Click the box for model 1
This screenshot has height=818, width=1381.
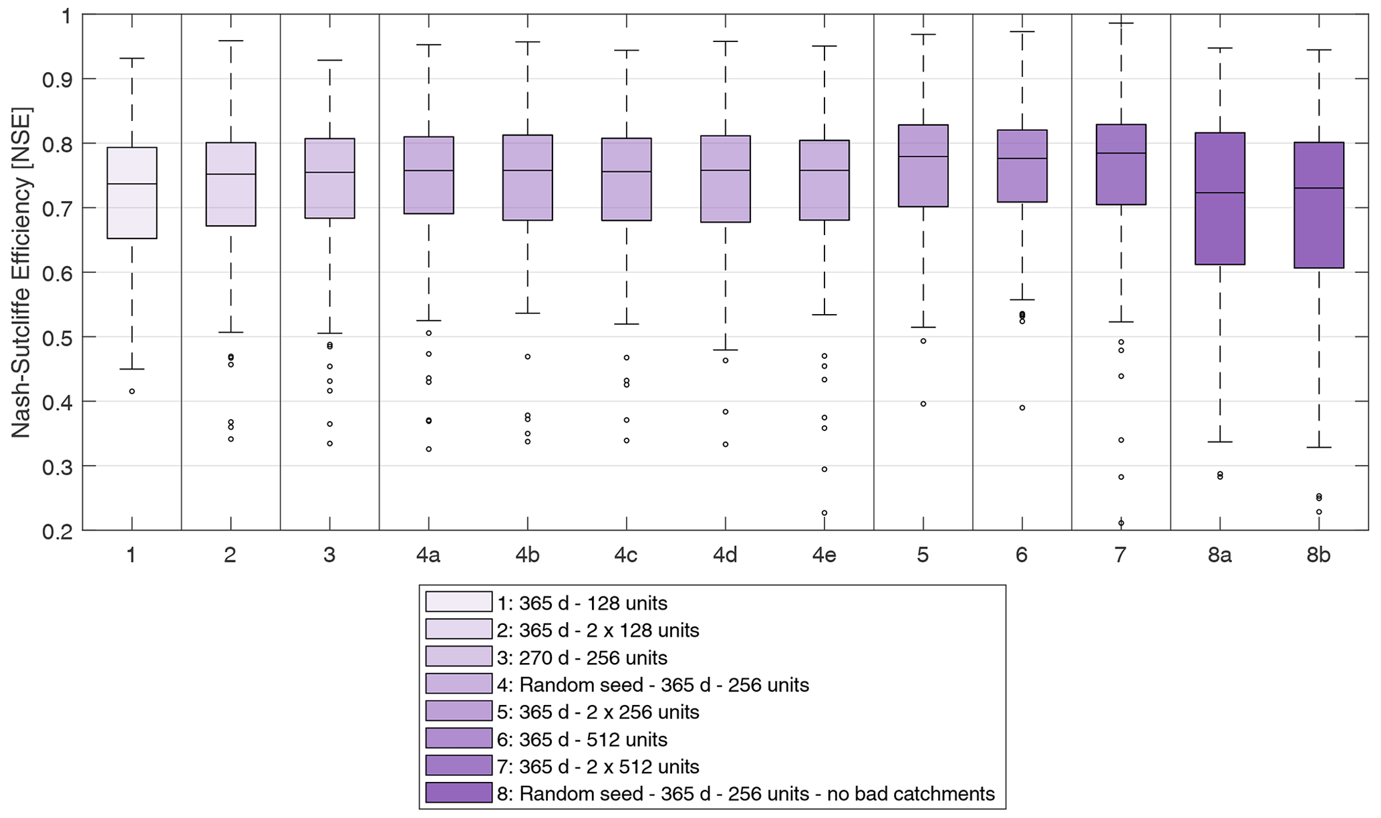click(x=132, y=192)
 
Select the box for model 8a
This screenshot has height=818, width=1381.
click(x=1219, y=198)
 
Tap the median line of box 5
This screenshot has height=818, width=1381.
click(x=923, y=156)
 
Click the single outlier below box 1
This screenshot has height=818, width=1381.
click(x=132, y=391)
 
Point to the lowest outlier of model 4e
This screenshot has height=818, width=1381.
click(x=824, y=513)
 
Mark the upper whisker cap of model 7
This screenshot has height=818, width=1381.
click(x=1120, y=23)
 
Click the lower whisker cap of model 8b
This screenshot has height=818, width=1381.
click(x=1318, y=447)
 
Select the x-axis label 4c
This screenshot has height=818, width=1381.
click(x=626, y=555)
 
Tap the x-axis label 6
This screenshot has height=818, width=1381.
click(x=1022, y=555)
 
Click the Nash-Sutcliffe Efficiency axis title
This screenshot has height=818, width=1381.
click(x=21, y=273)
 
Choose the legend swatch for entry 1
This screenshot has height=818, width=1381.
click(x=458, y=602)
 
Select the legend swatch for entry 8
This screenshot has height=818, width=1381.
click(x=458, y=793)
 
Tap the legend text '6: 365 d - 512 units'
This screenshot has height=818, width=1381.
click(x=582, y=739)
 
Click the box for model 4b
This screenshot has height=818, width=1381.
click(x=527, y=177)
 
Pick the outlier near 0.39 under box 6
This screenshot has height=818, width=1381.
click(x=1022, y=408)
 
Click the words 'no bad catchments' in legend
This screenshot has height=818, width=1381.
click(x=911, y=794)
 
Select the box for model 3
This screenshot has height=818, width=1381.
click(x=329, y=178)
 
